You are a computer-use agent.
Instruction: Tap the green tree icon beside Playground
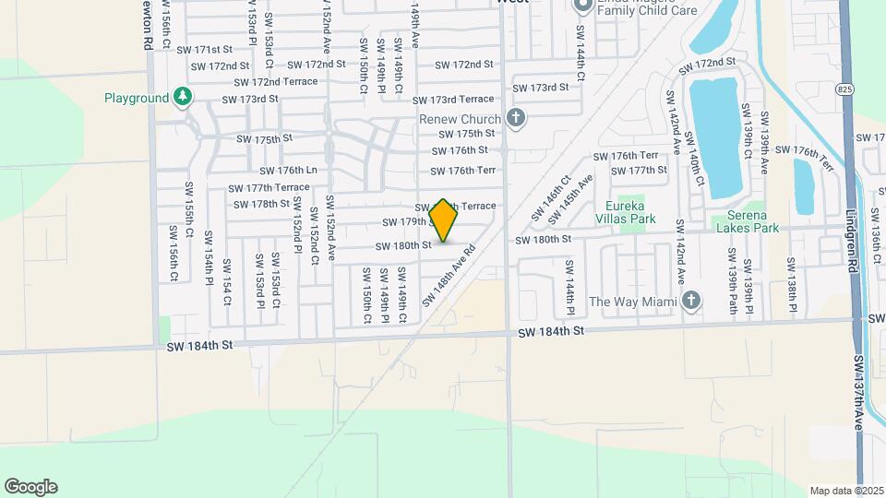coord(183,97)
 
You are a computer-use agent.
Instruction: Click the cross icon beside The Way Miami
coord(691,301)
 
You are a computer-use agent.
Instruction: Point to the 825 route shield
coord(847,90)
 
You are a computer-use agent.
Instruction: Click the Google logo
coord(30,487)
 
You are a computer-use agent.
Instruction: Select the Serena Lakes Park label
coord(746,221)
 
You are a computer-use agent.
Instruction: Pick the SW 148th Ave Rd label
coord(449,276)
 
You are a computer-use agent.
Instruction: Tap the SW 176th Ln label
coord(290,171)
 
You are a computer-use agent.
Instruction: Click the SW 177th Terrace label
coord(269,187)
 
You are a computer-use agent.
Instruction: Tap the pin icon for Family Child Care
coord(582,6)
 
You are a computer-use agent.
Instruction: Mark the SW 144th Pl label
coord(570,280)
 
